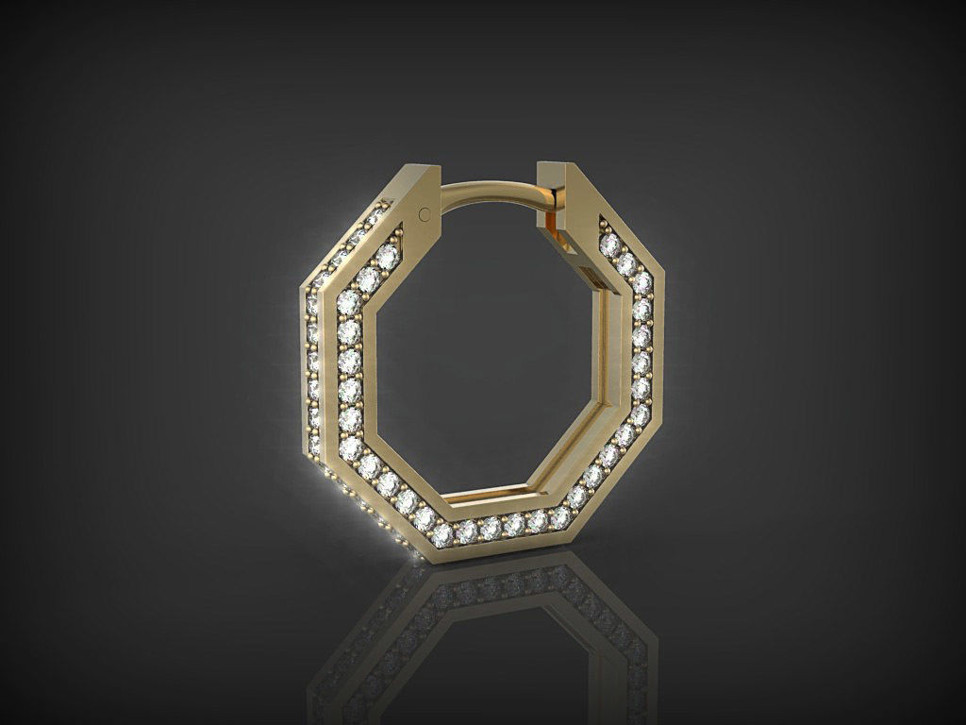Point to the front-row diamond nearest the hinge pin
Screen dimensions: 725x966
388,256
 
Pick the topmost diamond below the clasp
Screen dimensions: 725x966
609,244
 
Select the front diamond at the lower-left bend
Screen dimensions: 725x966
350,444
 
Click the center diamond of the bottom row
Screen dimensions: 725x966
491,528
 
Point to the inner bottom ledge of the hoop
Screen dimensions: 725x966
491,492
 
